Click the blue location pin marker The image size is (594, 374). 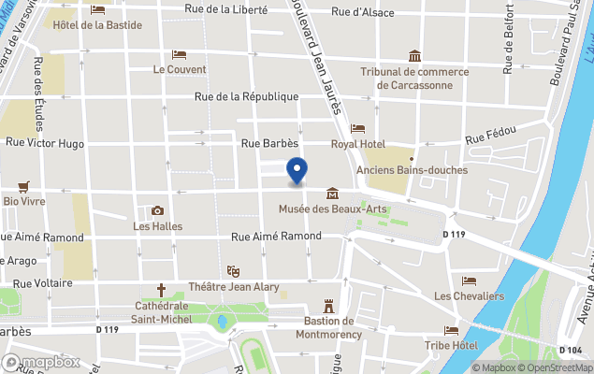(297, 171)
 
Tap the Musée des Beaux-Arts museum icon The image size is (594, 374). (331, 194)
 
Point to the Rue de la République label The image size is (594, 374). (246, 96)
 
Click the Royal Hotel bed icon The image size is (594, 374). (357, 128)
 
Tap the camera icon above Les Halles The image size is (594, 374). (157, 210)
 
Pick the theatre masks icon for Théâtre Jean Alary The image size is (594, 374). (233, 270)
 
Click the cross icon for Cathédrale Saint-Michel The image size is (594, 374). (161, 290)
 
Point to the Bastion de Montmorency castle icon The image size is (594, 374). (328, 306)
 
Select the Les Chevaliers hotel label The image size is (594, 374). (469, 296)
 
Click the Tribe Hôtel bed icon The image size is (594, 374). (452, 330)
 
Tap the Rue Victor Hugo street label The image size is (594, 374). (45, 144)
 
